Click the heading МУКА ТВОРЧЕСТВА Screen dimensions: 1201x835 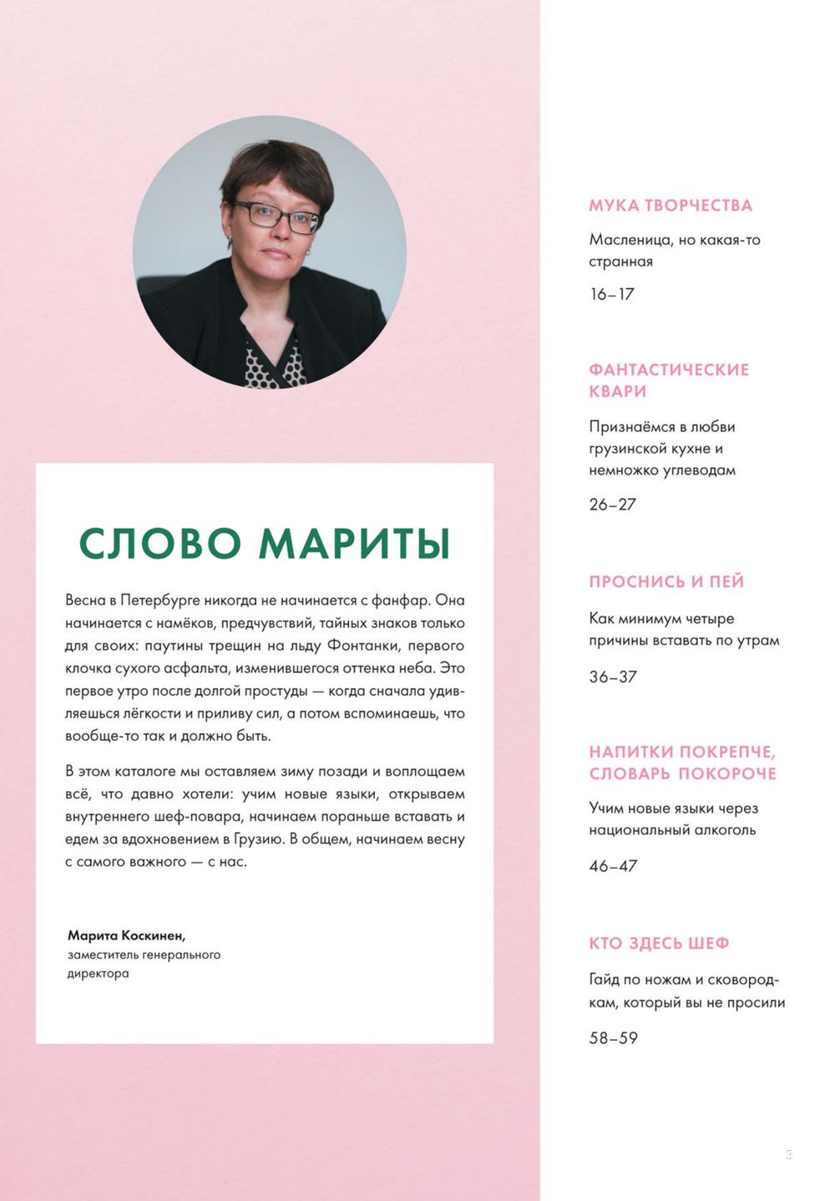(x=670, y=205)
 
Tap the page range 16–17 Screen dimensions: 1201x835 (x=611, y=294)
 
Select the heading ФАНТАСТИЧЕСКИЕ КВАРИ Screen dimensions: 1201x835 (x=668, y=380)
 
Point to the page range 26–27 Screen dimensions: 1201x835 (x=612, y=504)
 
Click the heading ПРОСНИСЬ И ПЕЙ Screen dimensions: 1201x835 (x=665, y=582)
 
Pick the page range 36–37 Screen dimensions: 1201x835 (x=612, y=677)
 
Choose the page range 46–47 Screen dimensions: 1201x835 (x=612, y=866)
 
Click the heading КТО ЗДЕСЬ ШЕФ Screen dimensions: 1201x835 (x=659, y=944)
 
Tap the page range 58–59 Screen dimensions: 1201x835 (x=612, y=1038)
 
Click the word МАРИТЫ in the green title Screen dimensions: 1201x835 (x=355, y=544)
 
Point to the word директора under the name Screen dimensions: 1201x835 (x=98, y=974)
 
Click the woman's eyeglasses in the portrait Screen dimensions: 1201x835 (x=276, y=215)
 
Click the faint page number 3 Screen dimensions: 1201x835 (x=788, y=1155)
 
